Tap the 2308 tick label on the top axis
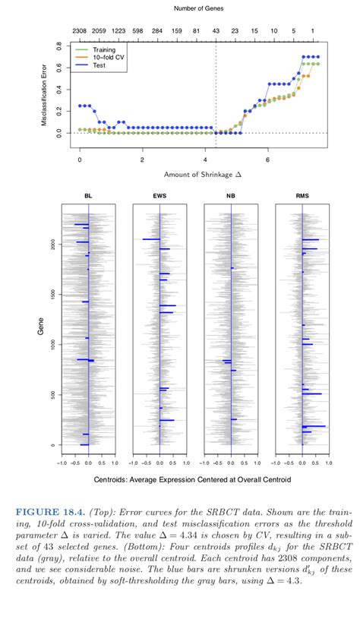(x=79, y=31)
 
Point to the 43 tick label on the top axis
(x=216, y=31)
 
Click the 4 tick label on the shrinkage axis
(x=205, y=160)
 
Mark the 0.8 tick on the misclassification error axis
(x=59, y=46)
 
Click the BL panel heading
(x=88, y=196)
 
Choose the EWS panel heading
(x=159, y=196)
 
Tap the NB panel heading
(x=231, y=196)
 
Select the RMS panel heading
(x=302, y=196)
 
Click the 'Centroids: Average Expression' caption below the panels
(x=192, y=479)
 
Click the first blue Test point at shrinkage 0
(x=80, y=106)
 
